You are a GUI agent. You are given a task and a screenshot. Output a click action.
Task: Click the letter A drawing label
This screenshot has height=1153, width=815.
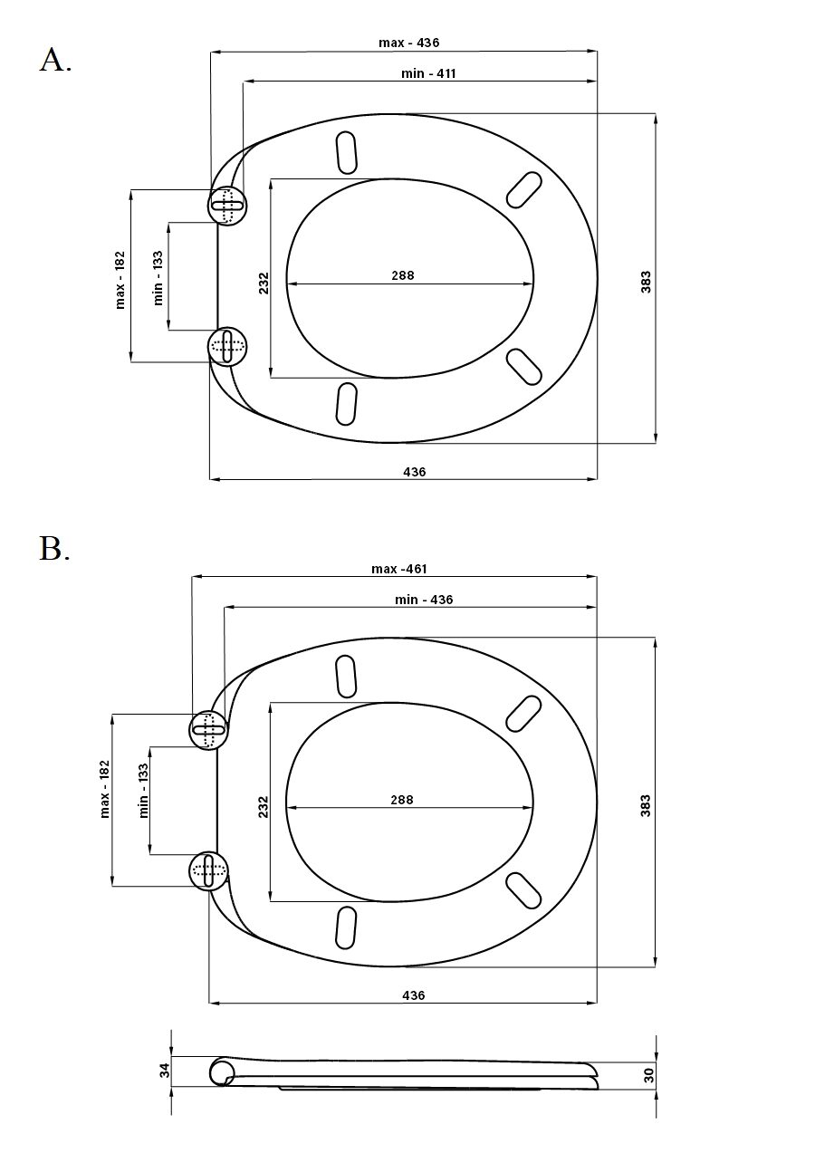point(55,60)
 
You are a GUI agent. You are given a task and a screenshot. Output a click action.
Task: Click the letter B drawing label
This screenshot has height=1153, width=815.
point(54,548)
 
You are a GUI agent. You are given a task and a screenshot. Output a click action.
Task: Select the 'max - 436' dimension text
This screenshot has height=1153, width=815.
point(409,43)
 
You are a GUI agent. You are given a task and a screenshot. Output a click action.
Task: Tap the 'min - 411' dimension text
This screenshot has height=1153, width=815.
point(428,73)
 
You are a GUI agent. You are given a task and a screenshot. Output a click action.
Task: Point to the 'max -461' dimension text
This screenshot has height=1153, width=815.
point(399,569)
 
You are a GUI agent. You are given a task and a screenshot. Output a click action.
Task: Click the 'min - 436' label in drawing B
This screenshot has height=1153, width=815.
point(424,600)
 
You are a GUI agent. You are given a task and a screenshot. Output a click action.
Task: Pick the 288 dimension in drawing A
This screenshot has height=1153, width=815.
point(403,275)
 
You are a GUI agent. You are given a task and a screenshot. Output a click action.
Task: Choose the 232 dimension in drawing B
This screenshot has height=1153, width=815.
point(264,807)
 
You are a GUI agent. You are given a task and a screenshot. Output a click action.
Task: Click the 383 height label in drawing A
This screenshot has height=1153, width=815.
point(646,282)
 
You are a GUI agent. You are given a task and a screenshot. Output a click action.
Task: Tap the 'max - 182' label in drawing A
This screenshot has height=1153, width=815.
point(120,280)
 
